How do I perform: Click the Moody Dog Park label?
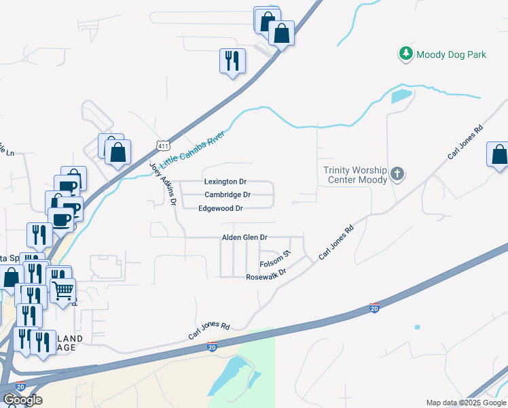451,54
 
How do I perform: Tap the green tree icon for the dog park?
405,54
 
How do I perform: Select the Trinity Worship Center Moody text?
355,175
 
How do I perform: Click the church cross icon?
397,175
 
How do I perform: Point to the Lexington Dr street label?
225,182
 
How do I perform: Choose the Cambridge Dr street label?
228,195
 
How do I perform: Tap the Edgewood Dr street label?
221,208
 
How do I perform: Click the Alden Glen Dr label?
245,237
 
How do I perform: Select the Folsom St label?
276,258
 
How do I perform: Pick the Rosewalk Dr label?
266,277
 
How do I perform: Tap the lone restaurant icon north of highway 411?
232,61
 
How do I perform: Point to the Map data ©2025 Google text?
465,403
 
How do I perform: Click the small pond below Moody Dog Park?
401,96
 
